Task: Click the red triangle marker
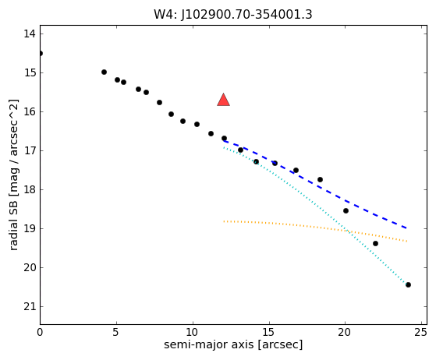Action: coord(223,100)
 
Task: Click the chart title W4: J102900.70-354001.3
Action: coord(233,15)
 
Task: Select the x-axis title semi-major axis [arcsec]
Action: coord(233,344)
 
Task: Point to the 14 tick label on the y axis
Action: coord(30,34)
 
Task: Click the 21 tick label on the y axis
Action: coord(30,307)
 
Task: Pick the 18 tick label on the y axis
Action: coord(30,190)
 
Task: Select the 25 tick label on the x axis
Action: coord(420,332)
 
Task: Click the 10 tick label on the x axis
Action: coord(193,332)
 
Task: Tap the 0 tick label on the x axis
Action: coord(40,332)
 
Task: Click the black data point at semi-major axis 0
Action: coord(41,53)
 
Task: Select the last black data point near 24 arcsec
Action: coord(408,284)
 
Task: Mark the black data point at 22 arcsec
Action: coord(375,244)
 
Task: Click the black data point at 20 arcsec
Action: coord(346,211)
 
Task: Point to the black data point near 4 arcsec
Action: coord(104,72)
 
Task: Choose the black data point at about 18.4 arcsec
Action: coord(320,180)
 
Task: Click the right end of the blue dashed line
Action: coord(407,228)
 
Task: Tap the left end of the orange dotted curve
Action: coord(224,221)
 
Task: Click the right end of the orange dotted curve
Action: coord(407,241)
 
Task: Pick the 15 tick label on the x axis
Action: coord(268,332)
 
